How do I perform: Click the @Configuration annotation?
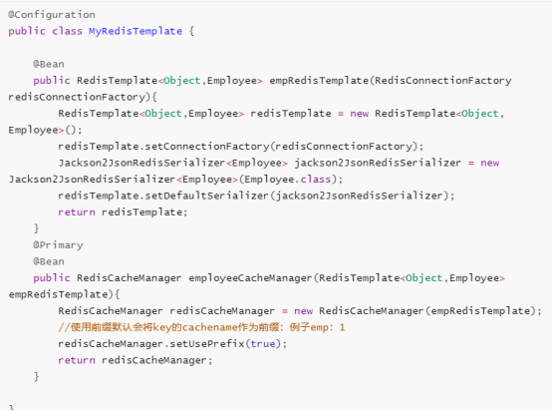52,15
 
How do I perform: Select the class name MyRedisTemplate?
136,31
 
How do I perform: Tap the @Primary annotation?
58,245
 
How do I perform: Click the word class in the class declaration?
67,31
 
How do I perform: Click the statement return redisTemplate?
123,212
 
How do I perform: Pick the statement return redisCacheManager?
136,360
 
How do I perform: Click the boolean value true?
263,344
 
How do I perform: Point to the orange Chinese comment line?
201,327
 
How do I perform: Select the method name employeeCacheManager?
250,278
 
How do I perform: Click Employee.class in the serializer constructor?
288,180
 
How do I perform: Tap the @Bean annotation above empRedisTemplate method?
49,64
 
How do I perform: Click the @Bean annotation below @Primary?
49,261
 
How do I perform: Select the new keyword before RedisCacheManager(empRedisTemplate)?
304,311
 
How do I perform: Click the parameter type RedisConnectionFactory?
442,81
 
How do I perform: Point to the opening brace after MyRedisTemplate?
191,31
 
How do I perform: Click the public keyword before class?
27,31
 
